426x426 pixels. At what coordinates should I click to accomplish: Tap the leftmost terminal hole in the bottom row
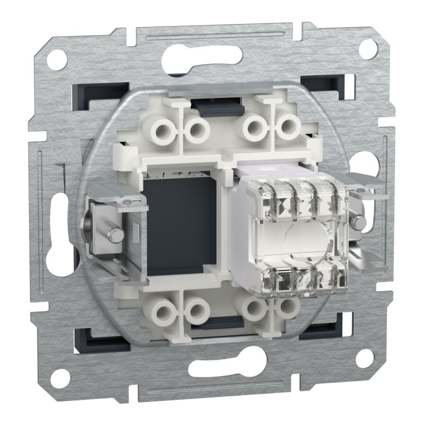point(164,313)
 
